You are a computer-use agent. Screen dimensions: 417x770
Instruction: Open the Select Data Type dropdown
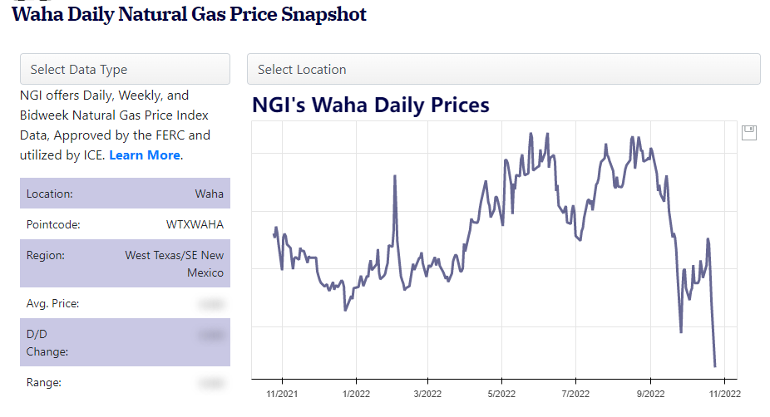pos(125,69)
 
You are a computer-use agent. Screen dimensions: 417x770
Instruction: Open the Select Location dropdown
pos(503,69)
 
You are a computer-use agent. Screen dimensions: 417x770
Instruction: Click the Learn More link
pos(145,155)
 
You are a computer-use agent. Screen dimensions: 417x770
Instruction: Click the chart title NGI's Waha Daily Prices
pos(371,105)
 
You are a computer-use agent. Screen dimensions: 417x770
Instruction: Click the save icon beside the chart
pos(749,132)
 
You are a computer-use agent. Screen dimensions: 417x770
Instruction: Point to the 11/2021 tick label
pos(282,392)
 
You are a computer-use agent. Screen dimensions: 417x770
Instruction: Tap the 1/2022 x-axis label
pos(356,392)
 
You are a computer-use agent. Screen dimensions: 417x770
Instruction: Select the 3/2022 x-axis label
pos(427,392)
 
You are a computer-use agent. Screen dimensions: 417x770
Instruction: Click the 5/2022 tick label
pos(501,392)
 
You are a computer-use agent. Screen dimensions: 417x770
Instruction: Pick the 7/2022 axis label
pos(575,392)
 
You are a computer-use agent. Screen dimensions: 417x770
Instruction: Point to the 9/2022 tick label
pos(650,392)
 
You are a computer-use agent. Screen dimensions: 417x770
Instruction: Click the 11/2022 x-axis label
pos(723,392)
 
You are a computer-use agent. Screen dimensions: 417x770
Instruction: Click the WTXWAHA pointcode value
pos(195,224)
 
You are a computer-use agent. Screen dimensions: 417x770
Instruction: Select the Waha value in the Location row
pos(209,194)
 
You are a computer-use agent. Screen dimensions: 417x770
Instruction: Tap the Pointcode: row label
pos(53,224)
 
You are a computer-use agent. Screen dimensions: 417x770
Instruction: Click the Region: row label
pos(46,256)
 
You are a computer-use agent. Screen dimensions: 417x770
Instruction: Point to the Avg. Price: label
pos(53,304)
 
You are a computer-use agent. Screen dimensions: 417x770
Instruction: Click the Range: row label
pos(44,383)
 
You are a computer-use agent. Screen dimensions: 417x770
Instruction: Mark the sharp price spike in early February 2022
pos(394,177)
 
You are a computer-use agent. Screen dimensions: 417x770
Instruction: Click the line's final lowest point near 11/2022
pos(715,365)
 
